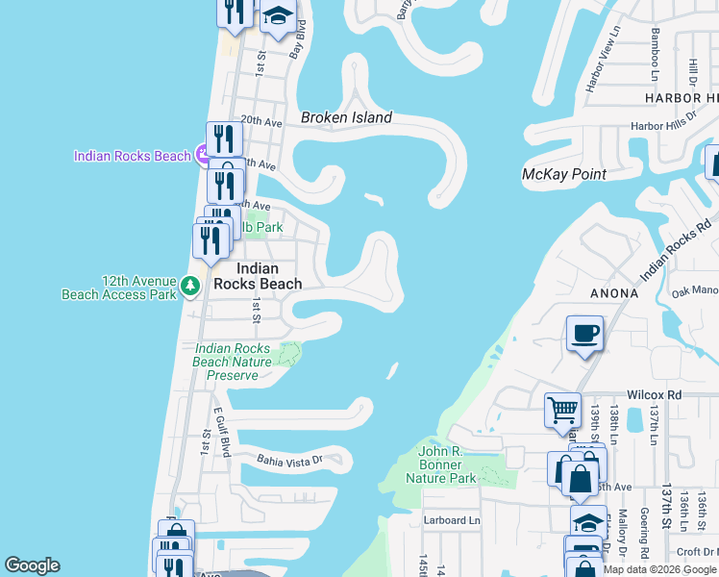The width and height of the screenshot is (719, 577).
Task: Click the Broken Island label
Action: (346, 117)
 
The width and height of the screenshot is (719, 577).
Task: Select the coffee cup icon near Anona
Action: (584, 334)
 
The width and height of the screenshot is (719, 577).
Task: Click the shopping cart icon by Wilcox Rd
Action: (562, 410)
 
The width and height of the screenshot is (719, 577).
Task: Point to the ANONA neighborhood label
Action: (616, 293)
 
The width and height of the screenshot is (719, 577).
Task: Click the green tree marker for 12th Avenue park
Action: (190, 286)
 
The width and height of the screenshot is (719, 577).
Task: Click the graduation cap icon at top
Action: (277, 16)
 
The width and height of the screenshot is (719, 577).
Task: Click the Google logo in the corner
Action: (32, 565)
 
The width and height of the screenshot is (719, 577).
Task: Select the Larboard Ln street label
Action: (451, 520)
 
